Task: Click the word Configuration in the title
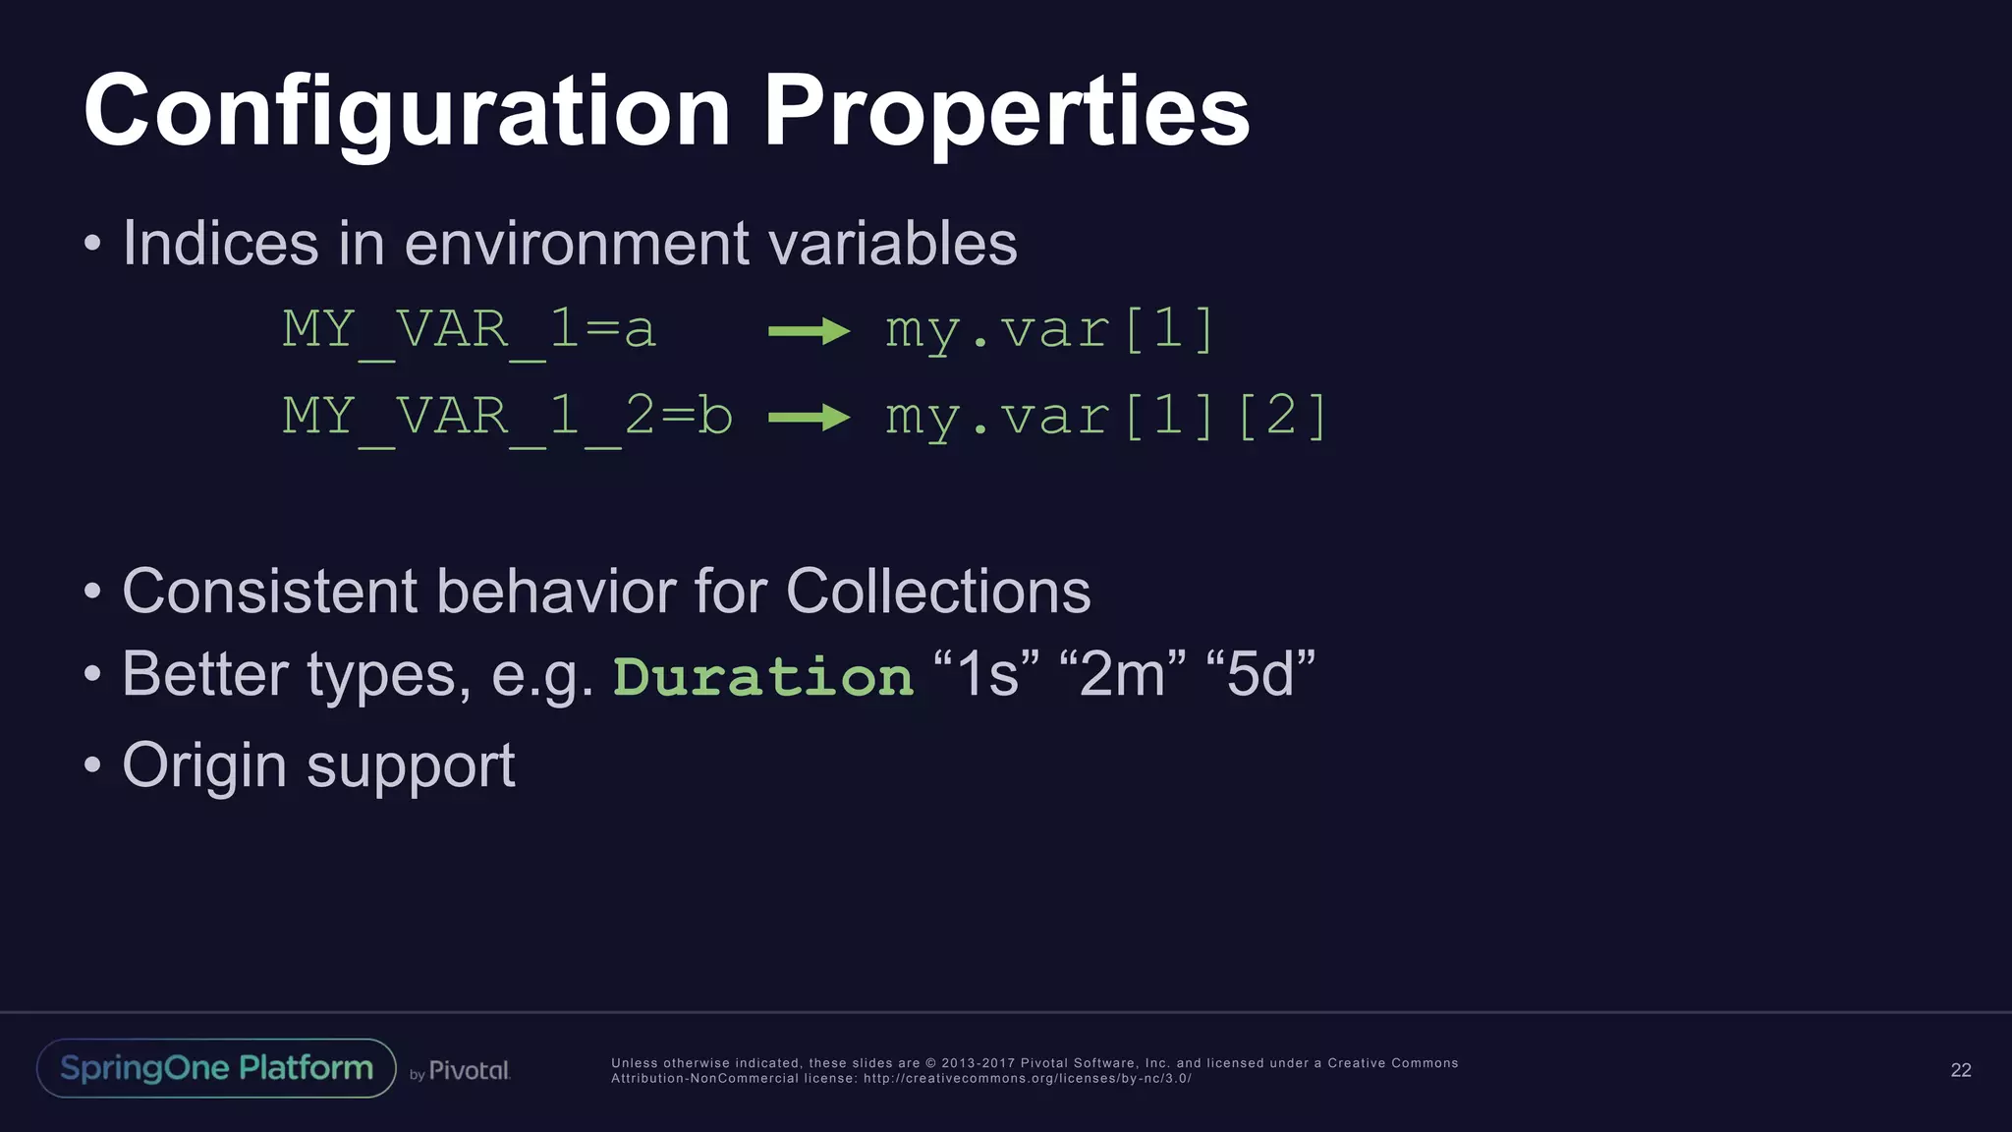point(407,113)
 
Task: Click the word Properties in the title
point(1006,113)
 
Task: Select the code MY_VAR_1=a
point(469,329)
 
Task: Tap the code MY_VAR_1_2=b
point(507,417)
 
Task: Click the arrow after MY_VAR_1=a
point(809,331)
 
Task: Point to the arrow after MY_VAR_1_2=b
point(809,418)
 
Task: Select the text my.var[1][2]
point(1106,417)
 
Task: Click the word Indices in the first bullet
point(220,243)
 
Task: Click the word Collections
point(937,592)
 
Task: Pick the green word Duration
point(763,677)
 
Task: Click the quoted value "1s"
point(986,674)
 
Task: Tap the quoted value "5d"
point(1259,674)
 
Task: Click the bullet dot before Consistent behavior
point(92,592)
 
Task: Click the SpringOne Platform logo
point(216,1068)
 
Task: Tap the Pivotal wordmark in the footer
point(469,1070)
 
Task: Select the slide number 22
point(1960,1070)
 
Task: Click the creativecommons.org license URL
point(1027,1079)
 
